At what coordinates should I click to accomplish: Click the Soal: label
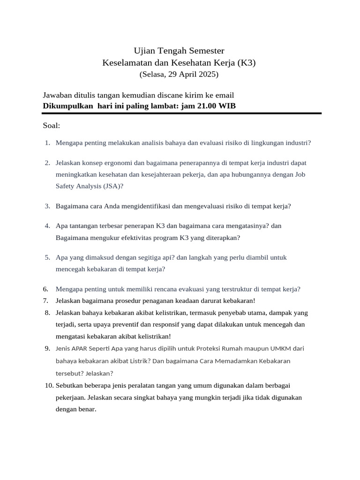click(52, 126)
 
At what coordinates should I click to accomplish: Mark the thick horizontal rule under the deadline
click(182, 113)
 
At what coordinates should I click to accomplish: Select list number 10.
click(48, 385)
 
